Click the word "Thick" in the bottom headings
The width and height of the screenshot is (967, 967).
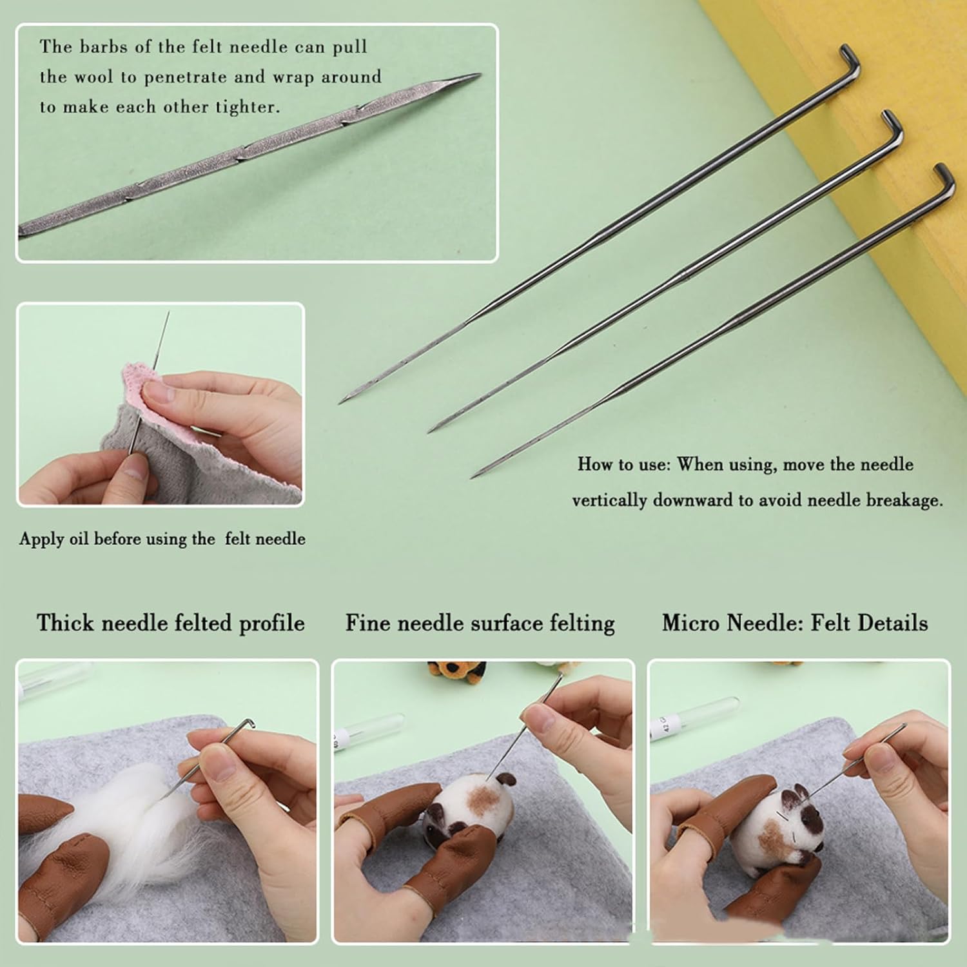click(x=64, y=623)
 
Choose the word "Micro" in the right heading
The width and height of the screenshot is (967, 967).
click(x=690, y=623)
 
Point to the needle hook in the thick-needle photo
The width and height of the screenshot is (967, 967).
click(x=246, y=725)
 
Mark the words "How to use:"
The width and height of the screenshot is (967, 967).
click(x=623, y=464)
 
